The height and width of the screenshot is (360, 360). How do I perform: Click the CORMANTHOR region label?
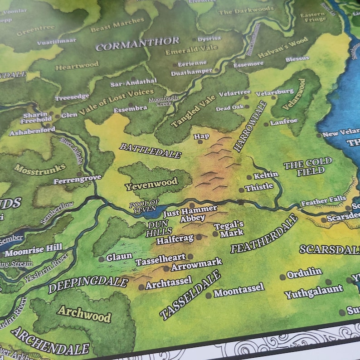[x=137, y=44]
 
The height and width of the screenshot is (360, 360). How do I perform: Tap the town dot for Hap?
[x=200, y=142]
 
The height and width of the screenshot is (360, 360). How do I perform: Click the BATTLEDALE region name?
[x=150, y=151]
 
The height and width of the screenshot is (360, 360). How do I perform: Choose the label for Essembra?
[x=130, y=108]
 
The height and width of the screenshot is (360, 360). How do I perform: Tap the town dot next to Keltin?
[x=249, y=177]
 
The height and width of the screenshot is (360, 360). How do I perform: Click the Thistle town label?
[x=259, y=187]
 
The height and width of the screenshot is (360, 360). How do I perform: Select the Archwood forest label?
[x=84, y=313]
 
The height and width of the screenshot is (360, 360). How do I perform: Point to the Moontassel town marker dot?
[x=208, y=295]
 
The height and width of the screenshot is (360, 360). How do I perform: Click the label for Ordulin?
[x=304, y=272]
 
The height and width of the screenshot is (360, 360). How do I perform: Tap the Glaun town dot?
[x=101, y=259]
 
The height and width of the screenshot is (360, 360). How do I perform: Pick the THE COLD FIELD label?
[x=308, y=166]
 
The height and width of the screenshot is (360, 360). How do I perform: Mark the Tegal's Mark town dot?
[x=215, y=234]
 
